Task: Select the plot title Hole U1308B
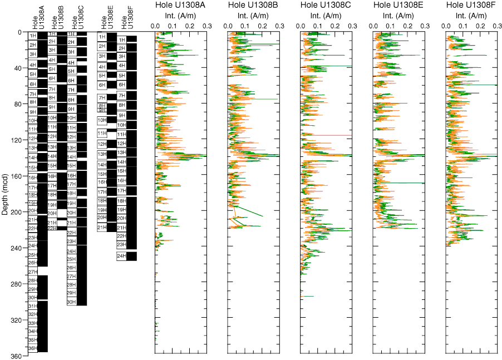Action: coord(254,5)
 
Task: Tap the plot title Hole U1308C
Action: coord(326,5)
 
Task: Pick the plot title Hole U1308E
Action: coord(399,5)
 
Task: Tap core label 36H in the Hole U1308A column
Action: coord(33,348)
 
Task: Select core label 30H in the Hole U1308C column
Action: coord(71,302)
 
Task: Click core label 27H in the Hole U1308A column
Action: coord(33,272)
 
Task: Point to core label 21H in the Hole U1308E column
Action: coord(102,227)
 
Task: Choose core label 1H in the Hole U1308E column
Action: coord(102,37)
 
